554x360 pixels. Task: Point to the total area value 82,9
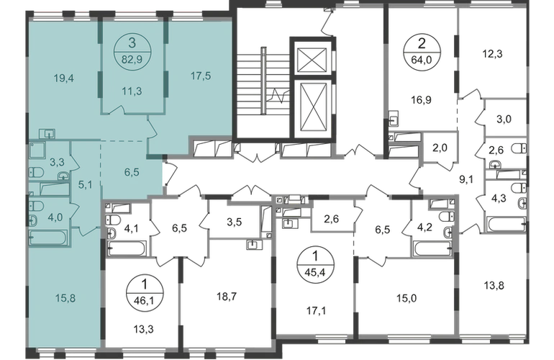[x=132, y=50]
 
